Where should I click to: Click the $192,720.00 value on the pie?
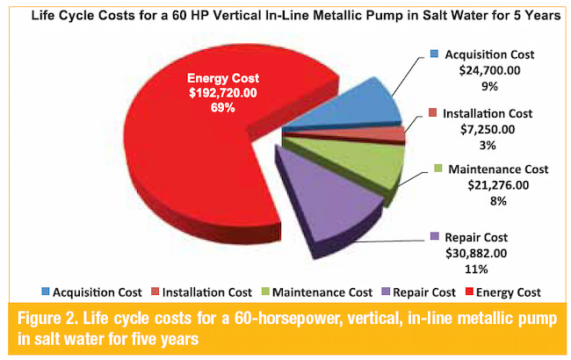[x=223, y=93]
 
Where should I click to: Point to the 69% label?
[x=222, y=108]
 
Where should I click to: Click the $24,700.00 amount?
[x=489, y=70]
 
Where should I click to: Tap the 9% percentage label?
[x=489, y=86]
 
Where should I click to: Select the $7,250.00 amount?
[x=488, y=129]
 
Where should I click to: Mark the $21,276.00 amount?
[x=498, y=185]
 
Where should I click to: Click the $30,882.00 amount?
[x=476, y=253]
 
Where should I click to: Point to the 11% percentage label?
[x=476, y=269]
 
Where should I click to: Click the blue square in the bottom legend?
[x=46, y=292]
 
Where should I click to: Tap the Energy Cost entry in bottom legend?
[x=503, y=292]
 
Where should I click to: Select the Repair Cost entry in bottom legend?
[x=418, y=292]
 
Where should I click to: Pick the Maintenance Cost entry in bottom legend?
[x=317, y=292]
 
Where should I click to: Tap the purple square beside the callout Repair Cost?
[x=434, y=236]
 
